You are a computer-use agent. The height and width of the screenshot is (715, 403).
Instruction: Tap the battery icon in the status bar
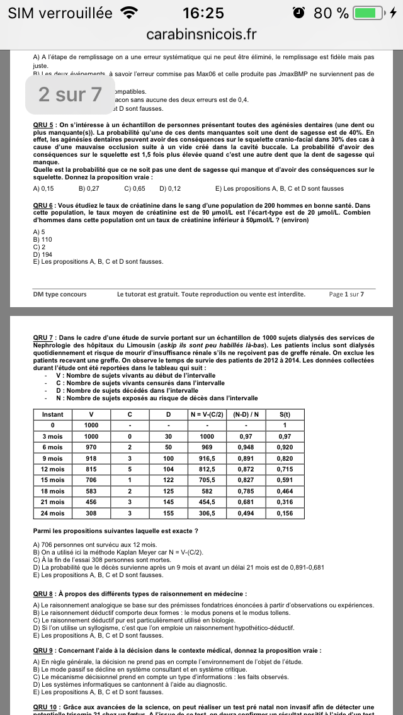point(368,13)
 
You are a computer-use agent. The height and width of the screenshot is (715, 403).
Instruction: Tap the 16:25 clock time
point(203,13)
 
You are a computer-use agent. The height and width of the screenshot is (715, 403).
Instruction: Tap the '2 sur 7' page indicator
point(70,94)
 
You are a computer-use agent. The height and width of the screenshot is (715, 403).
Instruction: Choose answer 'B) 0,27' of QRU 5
point(89,188)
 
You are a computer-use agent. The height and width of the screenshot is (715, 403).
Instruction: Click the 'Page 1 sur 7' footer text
point(346,294)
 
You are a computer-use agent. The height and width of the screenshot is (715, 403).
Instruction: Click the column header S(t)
point(285,415)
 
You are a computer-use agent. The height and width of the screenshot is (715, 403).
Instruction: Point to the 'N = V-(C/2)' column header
point(207,415)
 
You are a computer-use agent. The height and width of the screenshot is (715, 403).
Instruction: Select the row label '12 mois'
point(52,470)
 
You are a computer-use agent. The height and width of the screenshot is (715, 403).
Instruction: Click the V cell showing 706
point(91,480)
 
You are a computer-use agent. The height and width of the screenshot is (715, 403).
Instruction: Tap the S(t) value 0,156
point(285,513)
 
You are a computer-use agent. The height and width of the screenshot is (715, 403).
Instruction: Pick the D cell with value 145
point(168,502)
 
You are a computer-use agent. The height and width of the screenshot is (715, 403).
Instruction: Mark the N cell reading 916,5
point(207,459)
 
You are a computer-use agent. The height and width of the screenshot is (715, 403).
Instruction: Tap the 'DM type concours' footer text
point(60,294)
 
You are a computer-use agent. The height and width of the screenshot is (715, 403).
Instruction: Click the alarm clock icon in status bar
point(300,13)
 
